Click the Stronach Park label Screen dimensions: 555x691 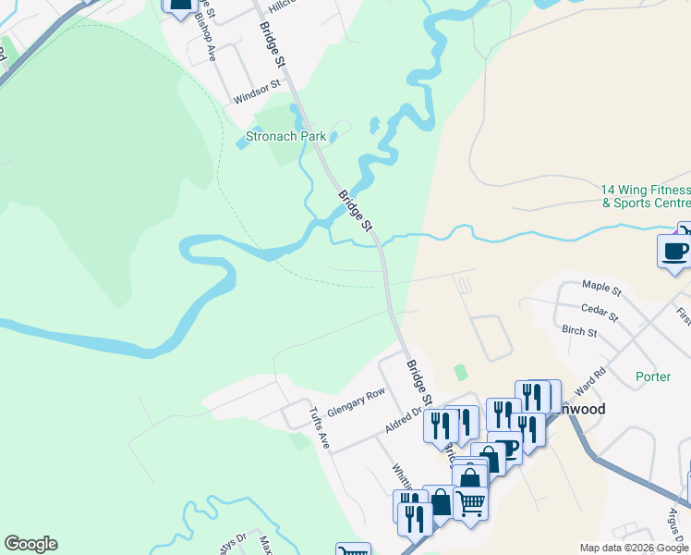pyautogui.click(x=285, y=136)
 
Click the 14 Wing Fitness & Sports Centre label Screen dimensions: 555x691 pyautogui.click(x=646, y=195)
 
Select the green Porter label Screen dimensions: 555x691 pyautogui.click(x=653, y=376)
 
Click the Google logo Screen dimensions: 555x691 pyautogui.click(x=30, y=544)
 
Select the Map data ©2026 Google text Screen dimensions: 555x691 pyautogui.click(x=635, y=548)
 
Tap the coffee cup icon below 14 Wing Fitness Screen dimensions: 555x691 pyautogui.click(x=673, y=252)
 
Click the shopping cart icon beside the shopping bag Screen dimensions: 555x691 pyautogui.click(x=470, y=504)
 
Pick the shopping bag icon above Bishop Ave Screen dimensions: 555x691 pyautogui.click(x=180, y=5)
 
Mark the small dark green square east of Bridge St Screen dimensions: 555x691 pyautogui.click(x=461, y=372)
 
